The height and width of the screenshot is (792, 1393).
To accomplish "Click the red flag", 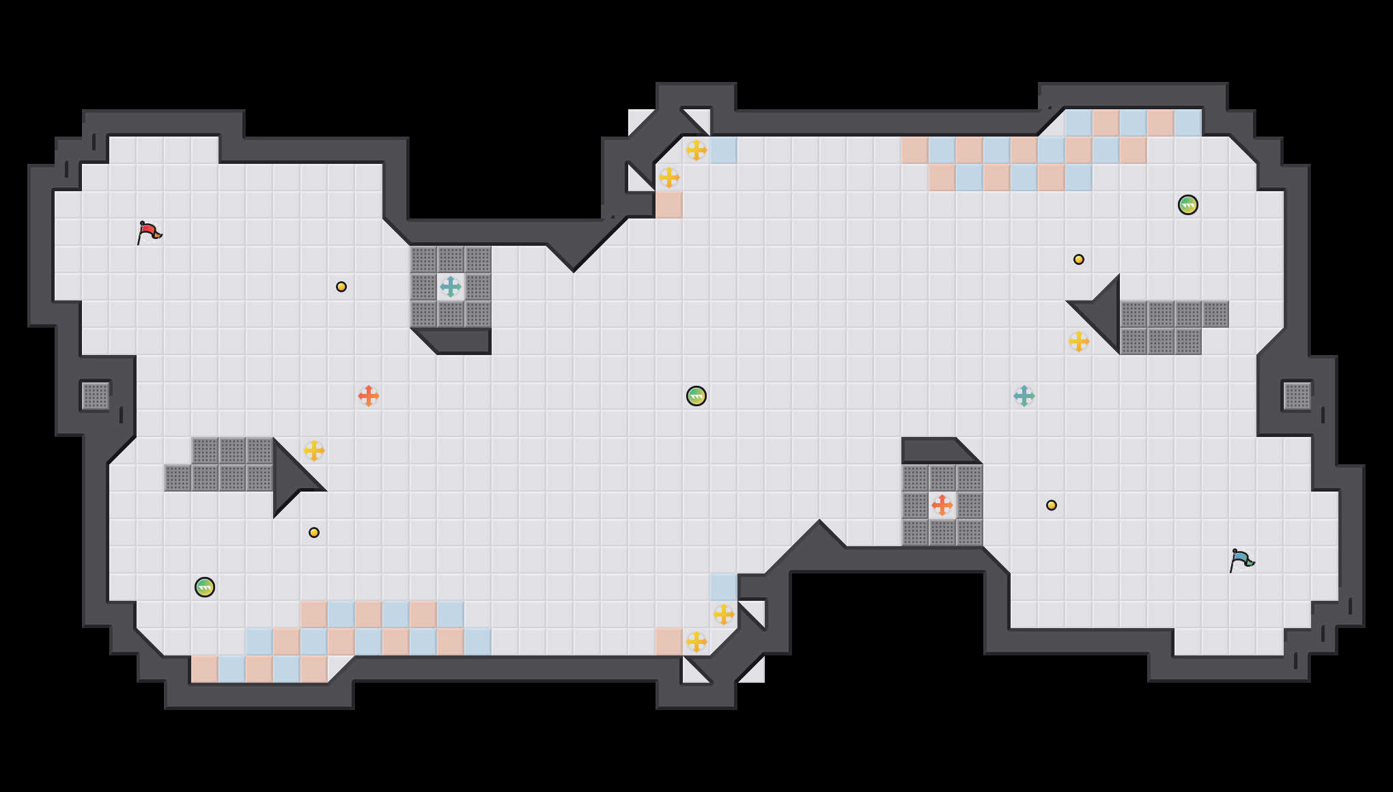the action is coord(149,232).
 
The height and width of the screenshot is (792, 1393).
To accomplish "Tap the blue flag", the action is coord(1241,560).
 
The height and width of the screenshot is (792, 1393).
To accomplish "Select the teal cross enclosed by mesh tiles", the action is coord(451,287).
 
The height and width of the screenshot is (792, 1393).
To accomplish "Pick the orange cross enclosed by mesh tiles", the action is coord(942,505).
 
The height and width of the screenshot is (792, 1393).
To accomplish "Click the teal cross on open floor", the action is coord(1024,396).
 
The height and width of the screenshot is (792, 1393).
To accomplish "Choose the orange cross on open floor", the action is coord(369,396).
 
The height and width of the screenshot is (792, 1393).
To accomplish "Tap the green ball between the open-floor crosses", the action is coord(696,396).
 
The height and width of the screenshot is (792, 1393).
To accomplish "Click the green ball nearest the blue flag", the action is coord(1188,205).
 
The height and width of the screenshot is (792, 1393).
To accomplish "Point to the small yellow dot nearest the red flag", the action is coord(341,287).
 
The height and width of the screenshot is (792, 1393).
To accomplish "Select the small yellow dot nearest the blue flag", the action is coord(1052,505).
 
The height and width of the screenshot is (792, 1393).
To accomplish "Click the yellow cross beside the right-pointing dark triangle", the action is coord(314,451).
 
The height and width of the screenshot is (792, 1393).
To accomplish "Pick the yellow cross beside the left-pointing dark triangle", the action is coord(1079,341).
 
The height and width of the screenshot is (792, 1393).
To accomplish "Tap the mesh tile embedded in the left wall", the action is coord(96,396).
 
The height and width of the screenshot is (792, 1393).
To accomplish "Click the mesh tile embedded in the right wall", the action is coord(1297,396).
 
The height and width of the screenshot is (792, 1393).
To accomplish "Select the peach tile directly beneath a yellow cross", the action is coord(669,205).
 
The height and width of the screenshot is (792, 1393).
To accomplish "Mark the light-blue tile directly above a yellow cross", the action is coord(724,587).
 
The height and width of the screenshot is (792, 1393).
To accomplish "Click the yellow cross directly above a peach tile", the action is coord(669,178).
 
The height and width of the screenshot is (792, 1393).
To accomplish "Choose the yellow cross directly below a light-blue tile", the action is coord(724,614).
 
